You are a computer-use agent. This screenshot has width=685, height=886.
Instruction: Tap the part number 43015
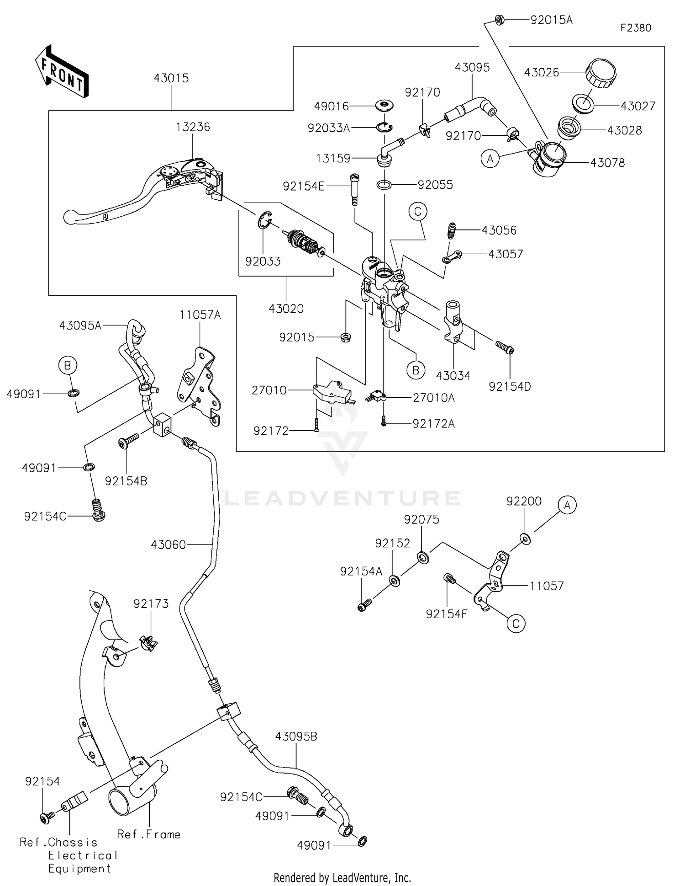click(171, 78)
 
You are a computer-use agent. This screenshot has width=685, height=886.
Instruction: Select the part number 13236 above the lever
click(193, 127)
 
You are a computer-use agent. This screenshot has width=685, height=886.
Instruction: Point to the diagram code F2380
click(636, 28)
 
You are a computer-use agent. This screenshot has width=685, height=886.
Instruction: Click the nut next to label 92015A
click(499, 20)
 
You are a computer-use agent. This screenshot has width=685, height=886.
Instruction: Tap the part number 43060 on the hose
click(168, 544)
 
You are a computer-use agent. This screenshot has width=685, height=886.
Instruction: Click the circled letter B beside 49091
click(67, 365)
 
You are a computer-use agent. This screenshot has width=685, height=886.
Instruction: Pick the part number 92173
click(151, 604)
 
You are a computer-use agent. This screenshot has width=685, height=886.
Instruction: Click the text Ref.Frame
click(148, 834)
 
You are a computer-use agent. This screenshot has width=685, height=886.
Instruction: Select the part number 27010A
click(433, 398)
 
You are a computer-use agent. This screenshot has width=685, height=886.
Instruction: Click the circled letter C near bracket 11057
click(516, 624)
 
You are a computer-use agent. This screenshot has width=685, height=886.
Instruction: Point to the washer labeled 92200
click(525, 539)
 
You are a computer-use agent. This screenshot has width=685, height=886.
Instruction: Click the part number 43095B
click(296, 737)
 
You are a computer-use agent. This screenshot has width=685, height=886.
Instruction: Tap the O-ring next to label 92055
click(384, 185)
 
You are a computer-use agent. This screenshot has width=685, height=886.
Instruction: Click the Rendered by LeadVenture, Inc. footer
click(342, 878)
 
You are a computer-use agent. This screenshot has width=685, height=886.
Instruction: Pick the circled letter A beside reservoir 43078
click(490, 159)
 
